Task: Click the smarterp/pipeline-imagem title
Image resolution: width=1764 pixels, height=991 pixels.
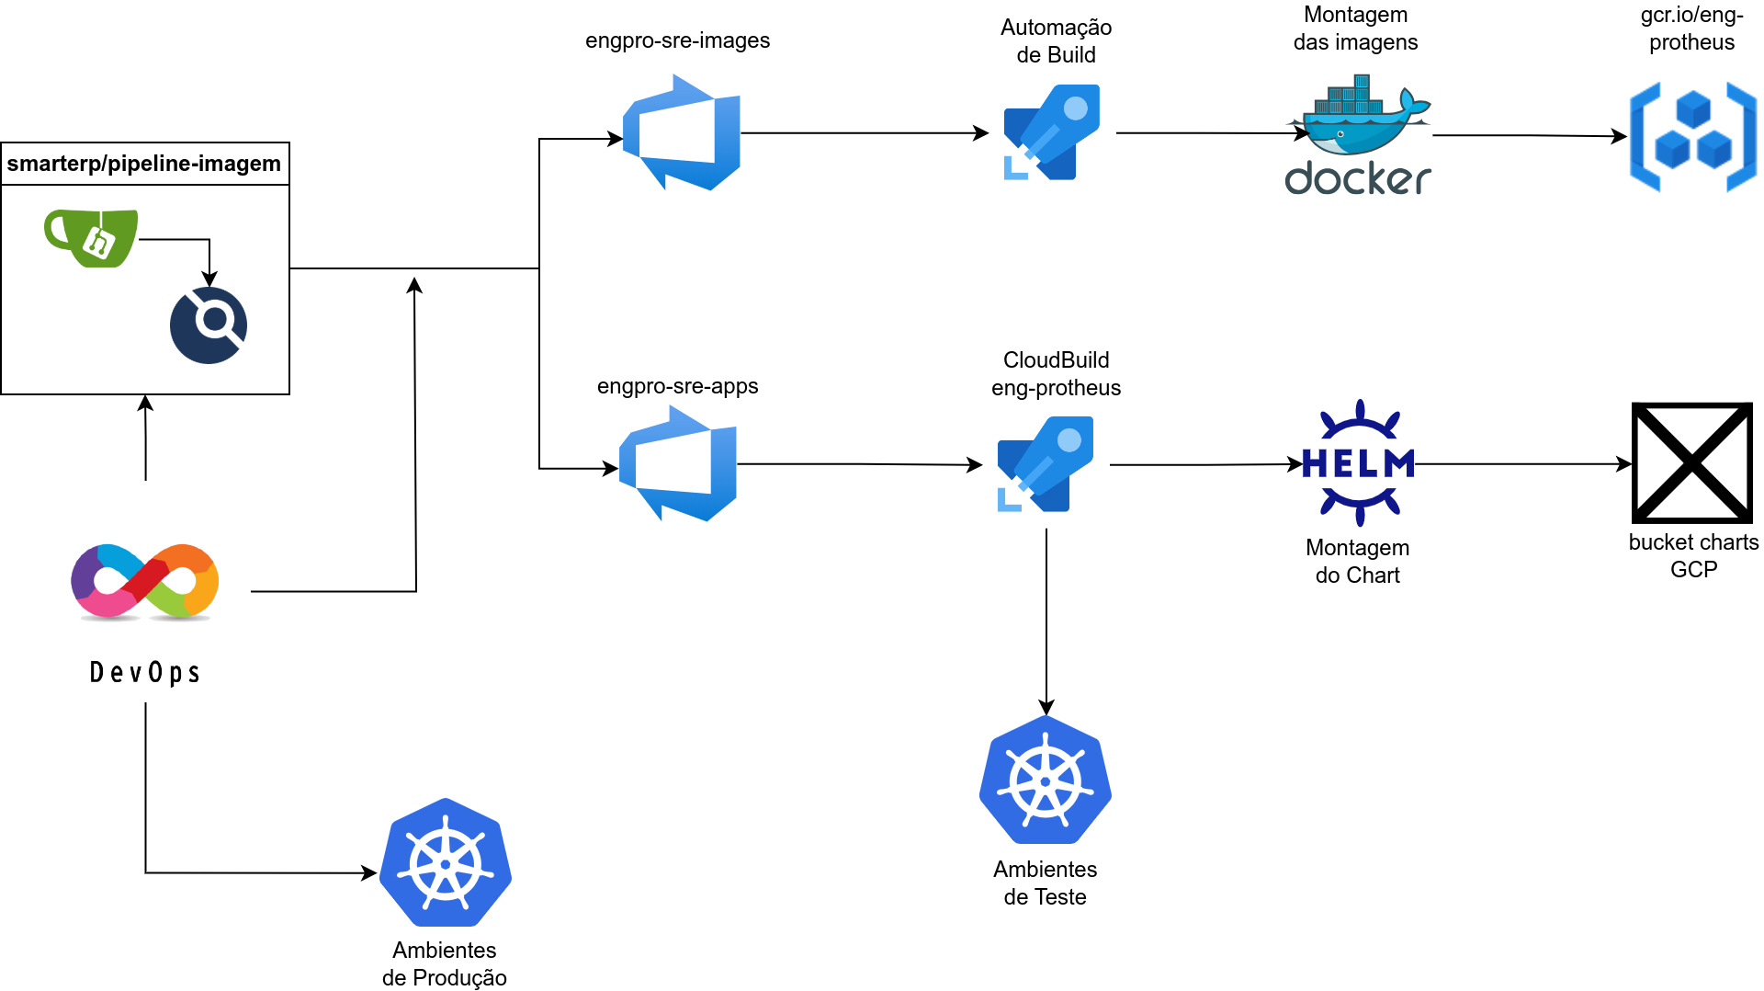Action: pyautogui.click(x=144, y=164)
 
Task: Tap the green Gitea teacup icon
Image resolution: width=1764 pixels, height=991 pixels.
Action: pyautogui.click(x=92, y=238)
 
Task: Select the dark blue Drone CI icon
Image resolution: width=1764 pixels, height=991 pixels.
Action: pyautogui.click(x=209, y=325)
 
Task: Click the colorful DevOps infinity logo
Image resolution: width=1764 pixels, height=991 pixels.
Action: pyautogui.click(x=145, y=582)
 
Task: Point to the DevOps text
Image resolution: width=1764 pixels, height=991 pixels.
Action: pyautogui.click(x=145, y=673)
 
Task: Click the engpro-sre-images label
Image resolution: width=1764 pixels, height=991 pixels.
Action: pyautogui.click(x=677, y=40)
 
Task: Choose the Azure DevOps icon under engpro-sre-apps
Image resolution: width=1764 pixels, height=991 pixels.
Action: pyautogui.click(x=678, y=463)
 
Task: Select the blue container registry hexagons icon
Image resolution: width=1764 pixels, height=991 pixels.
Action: pyautogui.click(x=1692, y=137)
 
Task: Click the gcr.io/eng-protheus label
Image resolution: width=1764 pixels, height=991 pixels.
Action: pyautogui.click(x=1691, y=28)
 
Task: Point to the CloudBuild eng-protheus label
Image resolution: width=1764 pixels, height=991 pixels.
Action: pyautogui.click(x=1056, y=373)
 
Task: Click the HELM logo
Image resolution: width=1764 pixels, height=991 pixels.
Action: pyautogui.click(x=1358, y=463)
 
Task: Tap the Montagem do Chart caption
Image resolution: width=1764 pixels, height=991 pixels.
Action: pyautogui.click(x=1357, y=561)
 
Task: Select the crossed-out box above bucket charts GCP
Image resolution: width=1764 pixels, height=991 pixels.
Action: pyautogui.click(x=1691, y=462)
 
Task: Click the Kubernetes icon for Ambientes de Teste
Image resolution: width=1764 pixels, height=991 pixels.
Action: pyautogui.click(x=1046, y=780)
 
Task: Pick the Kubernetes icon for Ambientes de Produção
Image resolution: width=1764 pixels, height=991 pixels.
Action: pyautogui.click(x=446, y=862)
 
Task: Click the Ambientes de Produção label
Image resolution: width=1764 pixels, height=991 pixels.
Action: pyautogui.click(x=445, y=963)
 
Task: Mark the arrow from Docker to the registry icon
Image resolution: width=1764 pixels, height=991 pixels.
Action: pyautogui.click(x=1530, y=136)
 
